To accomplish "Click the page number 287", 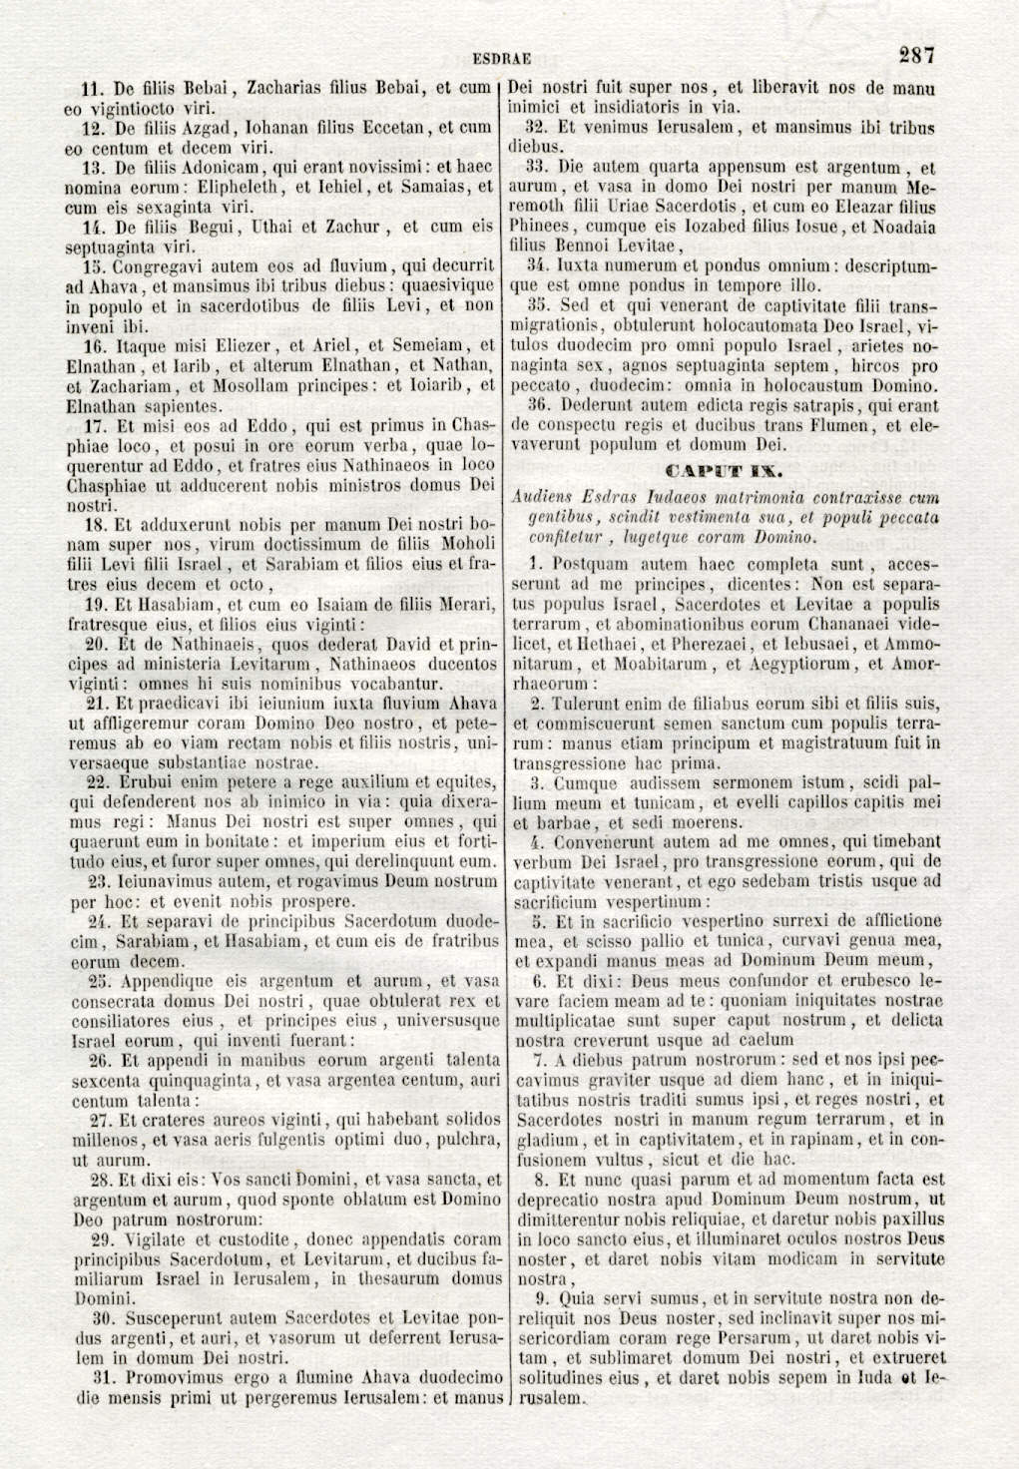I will click(915, 55).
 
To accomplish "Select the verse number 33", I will click(537, 168).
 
